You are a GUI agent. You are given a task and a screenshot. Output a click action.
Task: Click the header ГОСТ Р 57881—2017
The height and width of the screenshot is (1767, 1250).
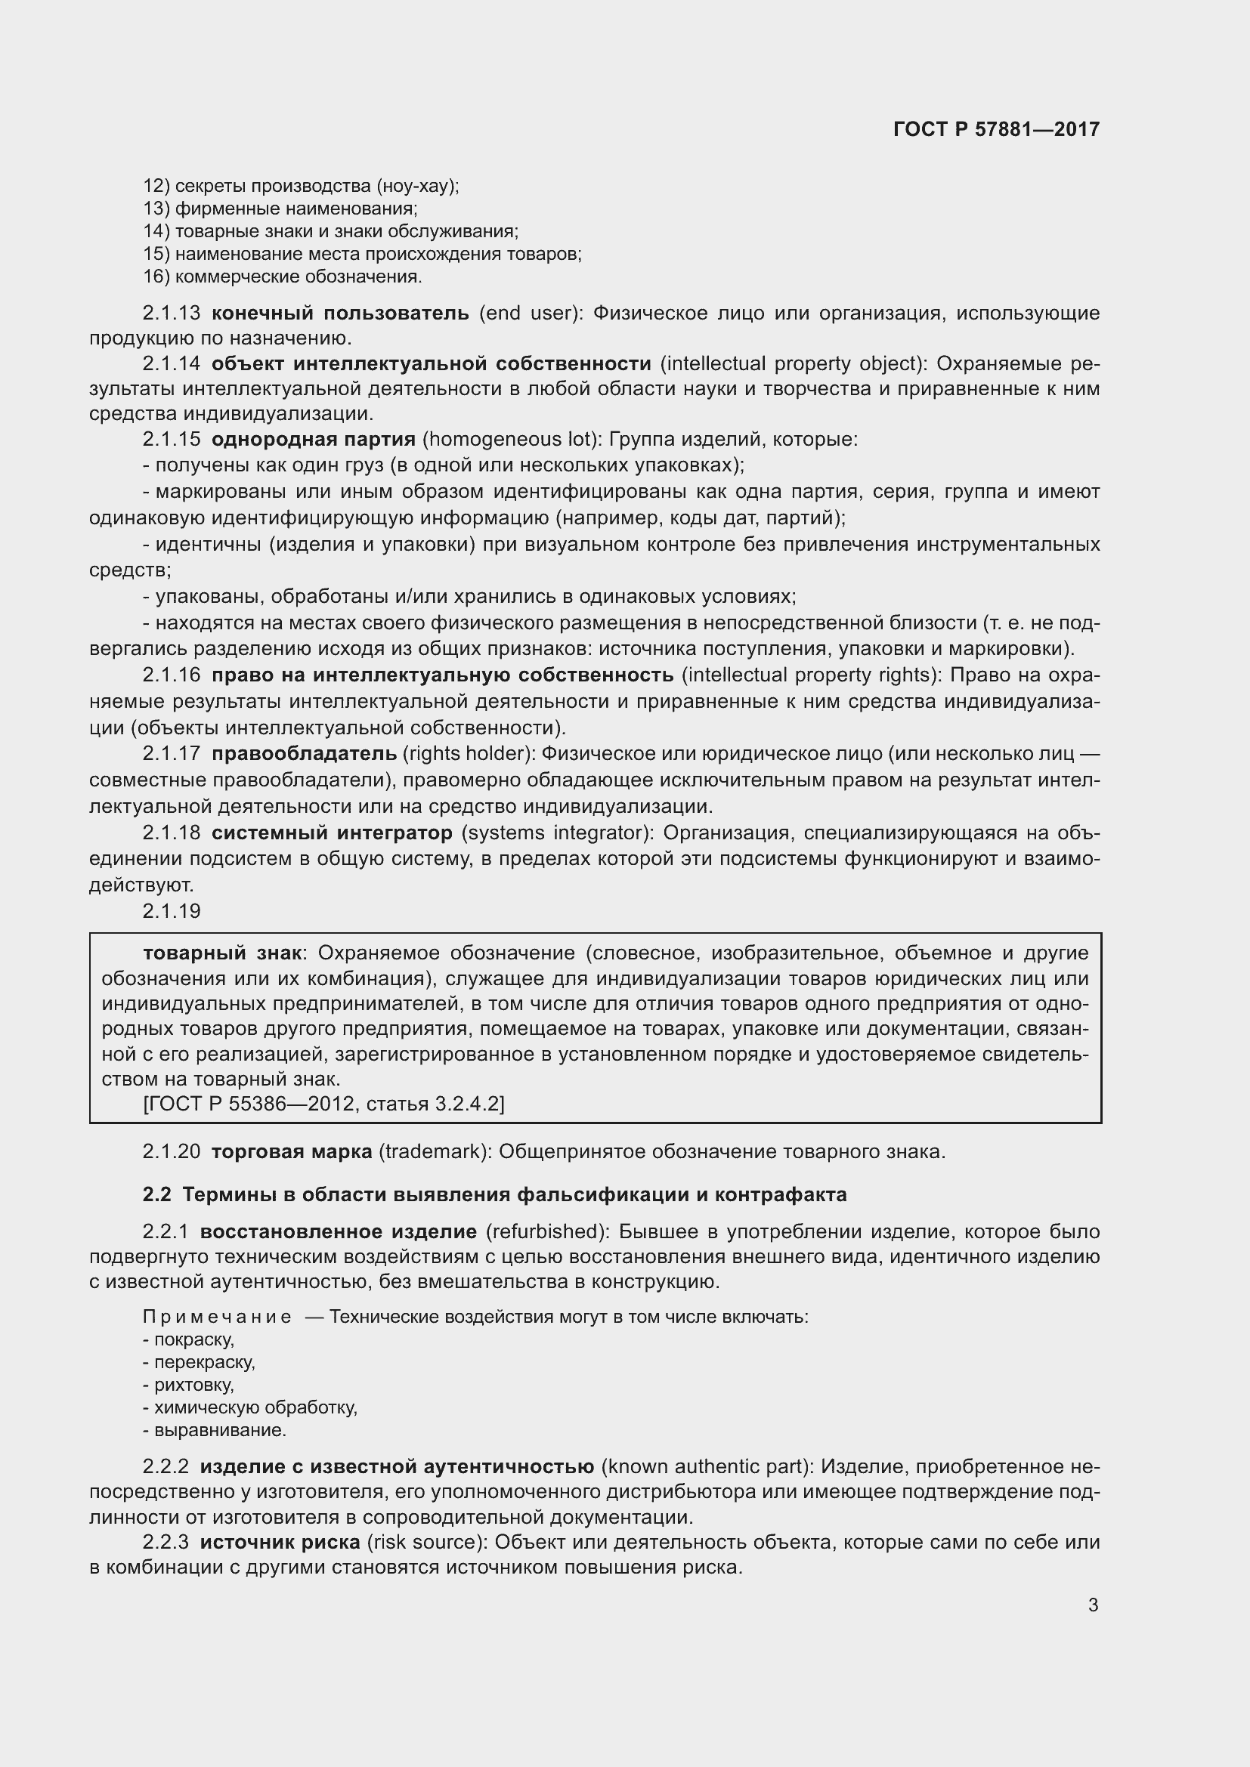tap(996, 129)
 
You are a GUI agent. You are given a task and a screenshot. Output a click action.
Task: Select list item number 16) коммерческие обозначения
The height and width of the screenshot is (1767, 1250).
tap(283, 277)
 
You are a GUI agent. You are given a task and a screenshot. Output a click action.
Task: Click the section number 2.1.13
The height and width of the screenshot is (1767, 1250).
tap(172, 314)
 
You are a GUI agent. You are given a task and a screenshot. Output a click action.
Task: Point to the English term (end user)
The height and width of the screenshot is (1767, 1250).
tap(529, 314)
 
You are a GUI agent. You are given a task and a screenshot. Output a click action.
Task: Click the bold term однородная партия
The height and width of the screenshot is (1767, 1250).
tap(314, 440)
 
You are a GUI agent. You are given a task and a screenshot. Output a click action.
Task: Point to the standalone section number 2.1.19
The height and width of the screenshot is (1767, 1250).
tap(172, 911)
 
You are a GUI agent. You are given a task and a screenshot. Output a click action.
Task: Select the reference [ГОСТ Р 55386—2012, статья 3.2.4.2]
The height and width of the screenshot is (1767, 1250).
tap(323, 1104)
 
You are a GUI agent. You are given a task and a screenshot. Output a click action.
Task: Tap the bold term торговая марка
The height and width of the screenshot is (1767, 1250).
tap(292, 1152)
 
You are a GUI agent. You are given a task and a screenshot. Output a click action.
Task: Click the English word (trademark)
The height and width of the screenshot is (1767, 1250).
tap(435, 1152)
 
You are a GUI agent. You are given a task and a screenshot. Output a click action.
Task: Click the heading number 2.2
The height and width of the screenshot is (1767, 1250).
tap(156, 1194)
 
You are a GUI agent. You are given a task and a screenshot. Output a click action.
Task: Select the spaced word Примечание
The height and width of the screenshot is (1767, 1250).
tap(217, 1317)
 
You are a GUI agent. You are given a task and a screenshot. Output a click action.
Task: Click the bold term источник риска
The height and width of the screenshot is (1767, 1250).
tap(280, 1543)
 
